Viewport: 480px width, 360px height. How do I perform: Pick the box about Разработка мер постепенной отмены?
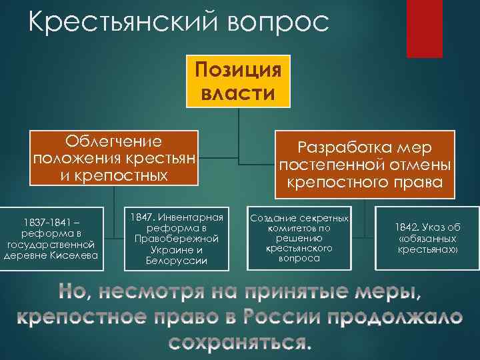click(365, 163)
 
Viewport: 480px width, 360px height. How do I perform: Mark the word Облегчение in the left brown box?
click(114, 141)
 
